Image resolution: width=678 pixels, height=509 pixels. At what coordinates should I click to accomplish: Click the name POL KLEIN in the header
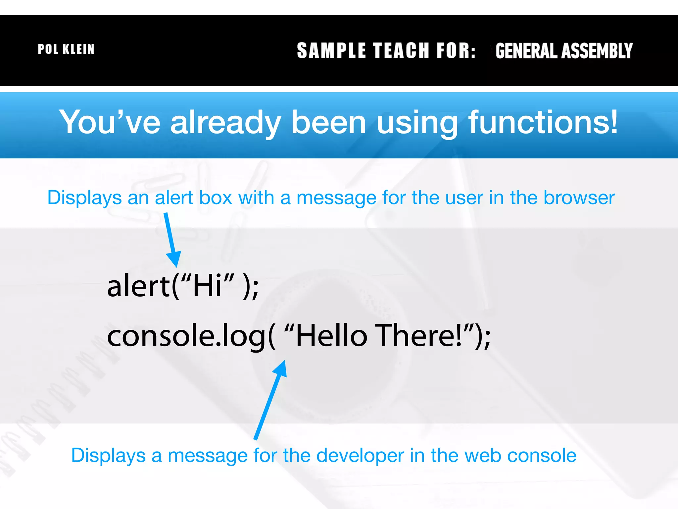(66, 49)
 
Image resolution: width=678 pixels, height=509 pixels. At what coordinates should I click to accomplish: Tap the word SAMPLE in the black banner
(331, 51)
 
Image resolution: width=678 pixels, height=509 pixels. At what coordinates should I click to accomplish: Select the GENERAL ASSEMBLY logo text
(564, 51)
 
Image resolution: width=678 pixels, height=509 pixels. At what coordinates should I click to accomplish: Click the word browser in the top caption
(579, 198)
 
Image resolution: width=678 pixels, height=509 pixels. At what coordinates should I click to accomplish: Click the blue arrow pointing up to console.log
(270, 399)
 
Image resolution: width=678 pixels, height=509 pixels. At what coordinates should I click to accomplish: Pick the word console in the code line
(161, 336)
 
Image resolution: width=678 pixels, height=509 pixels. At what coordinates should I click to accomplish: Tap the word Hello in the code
(331, 336)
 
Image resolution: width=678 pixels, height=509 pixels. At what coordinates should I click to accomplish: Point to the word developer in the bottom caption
(360, 456)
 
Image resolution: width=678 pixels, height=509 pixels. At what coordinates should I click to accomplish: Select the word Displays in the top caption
(84, 198)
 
